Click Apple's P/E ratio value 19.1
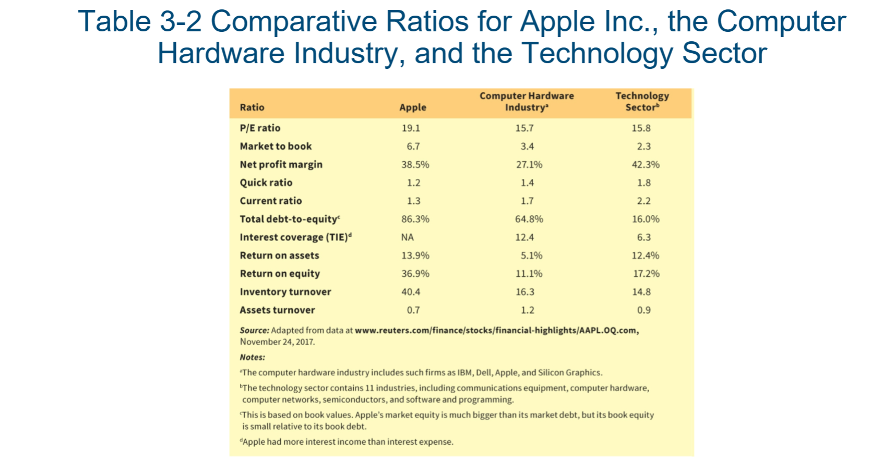click(411, 128)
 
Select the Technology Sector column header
click(642, 101)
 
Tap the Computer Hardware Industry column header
click(527, 101)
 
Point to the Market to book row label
click(276, 146)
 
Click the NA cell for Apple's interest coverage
click(408, 237)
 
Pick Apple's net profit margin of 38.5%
click(415, 164)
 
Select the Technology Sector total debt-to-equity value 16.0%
click(646, 219)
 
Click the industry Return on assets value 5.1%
click(531, 256)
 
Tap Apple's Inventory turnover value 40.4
click(411, 292)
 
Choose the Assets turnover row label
click(277, 310)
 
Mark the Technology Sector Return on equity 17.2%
click(646, 274)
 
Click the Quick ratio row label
click(266, 183)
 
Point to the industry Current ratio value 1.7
click(527, 201)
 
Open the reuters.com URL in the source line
click(496, 330)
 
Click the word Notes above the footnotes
click(252, 357)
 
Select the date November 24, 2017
click(277, 342)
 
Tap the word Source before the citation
click(254, 330)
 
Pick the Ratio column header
click(252, 107)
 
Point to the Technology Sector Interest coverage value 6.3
click(643, 237)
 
